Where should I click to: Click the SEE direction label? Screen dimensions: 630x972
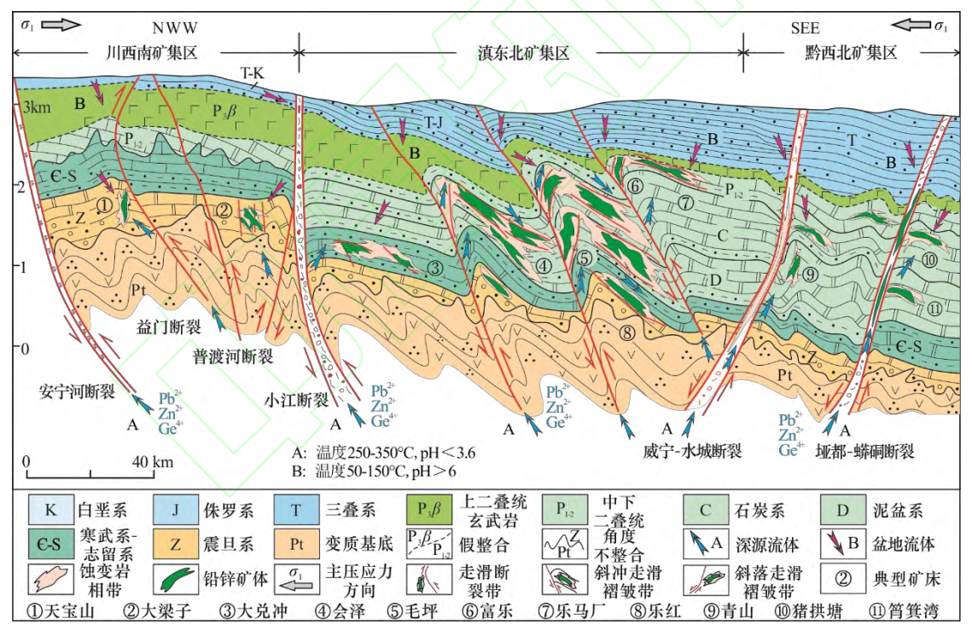pos(805,26)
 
